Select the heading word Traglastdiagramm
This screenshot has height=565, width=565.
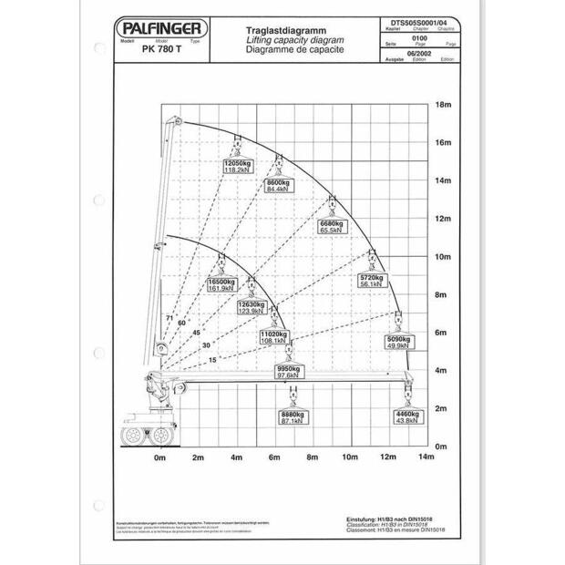[x=280, y=30]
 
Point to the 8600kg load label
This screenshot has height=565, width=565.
[x=278, y=182]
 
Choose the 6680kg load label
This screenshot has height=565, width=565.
[x=330, y=224]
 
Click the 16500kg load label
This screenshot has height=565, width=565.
[x=222, y=282]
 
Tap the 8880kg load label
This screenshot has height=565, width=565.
[x=293, y=416]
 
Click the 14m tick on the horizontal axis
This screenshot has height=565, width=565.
[x=426, y=456]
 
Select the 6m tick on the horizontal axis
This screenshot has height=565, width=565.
[x=274, y=456]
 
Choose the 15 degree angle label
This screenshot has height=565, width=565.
[x=212, y=360]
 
